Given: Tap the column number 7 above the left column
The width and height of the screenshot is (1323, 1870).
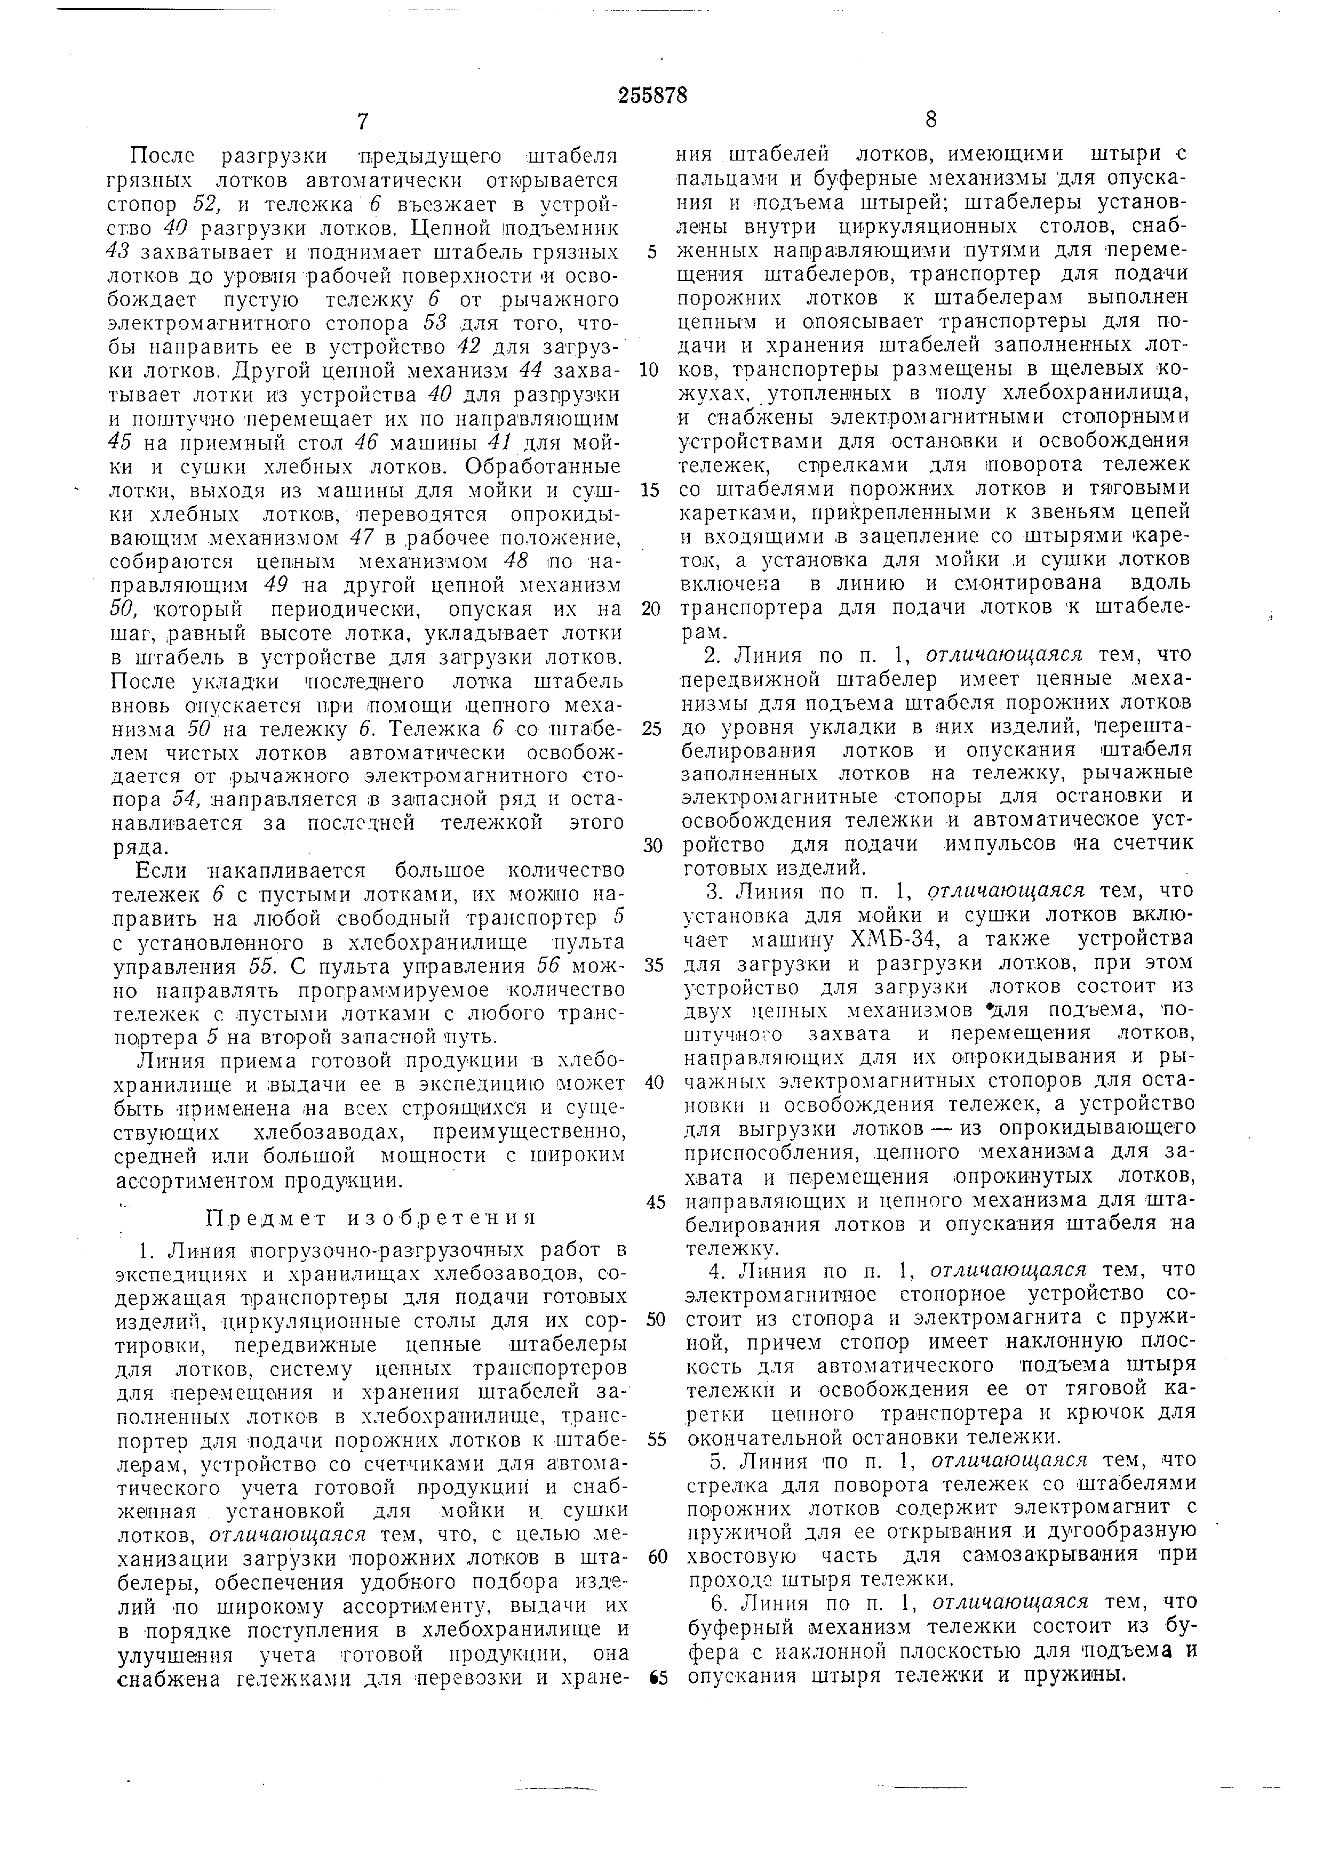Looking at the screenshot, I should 363,122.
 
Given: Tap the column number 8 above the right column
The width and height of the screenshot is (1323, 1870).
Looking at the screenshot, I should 931,120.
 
